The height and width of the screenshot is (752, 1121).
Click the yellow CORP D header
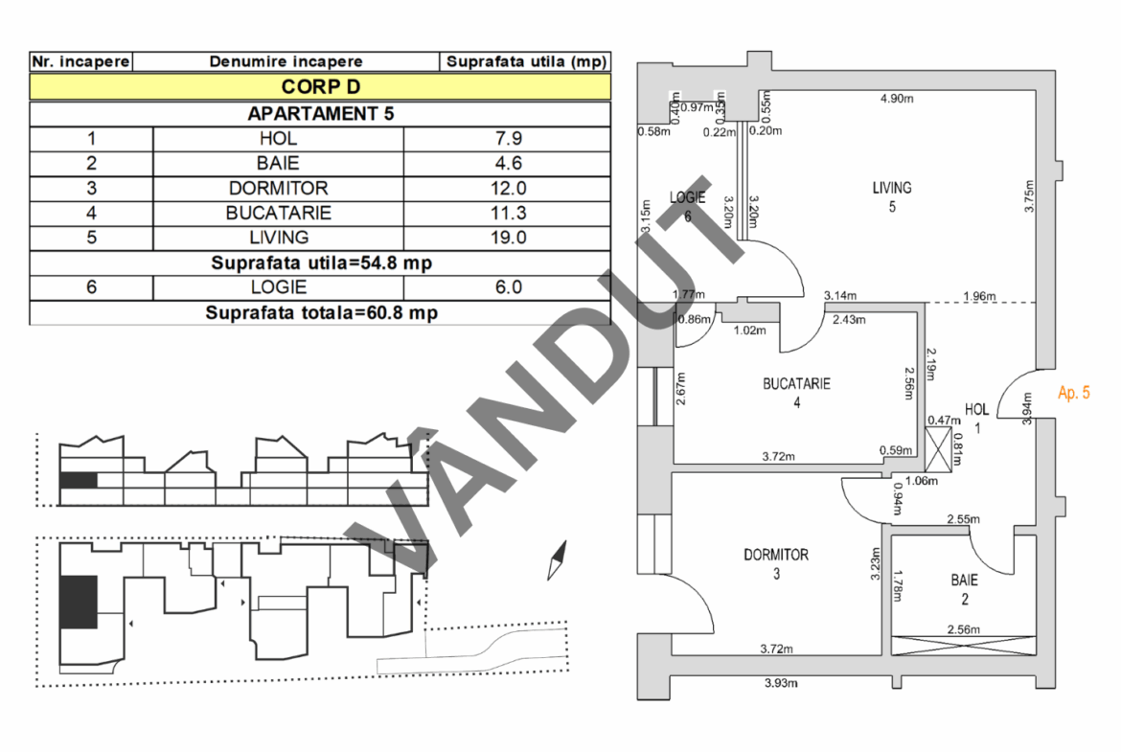(320, 86)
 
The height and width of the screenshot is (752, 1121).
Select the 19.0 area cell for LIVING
(507, 238)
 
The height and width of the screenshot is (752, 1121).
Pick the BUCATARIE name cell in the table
(278, 213)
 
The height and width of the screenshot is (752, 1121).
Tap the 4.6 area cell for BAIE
(507, 164)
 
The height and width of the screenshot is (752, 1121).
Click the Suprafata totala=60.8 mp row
(320, 312)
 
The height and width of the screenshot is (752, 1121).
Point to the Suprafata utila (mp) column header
(525, 61)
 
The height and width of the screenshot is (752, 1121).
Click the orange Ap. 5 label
(1073, 392)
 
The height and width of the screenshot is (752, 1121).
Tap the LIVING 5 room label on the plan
(891, 196)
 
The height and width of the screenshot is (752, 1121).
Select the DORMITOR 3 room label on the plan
(776, 563)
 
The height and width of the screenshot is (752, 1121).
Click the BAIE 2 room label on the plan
(964, 589)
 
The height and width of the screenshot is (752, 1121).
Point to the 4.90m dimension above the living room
(897, 98)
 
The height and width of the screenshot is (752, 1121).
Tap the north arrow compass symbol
(557, 560)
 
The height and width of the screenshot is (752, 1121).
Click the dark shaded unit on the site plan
(79, 602)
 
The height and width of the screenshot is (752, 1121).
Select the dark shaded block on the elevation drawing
(79, 481)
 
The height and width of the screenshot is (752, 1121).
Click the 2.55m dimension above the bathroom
(962, 519)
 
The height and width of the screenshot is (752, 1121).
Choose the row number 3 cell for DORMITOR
(91, 189)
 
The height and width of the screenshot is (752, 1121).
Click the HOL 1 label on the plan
(976, 418)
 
